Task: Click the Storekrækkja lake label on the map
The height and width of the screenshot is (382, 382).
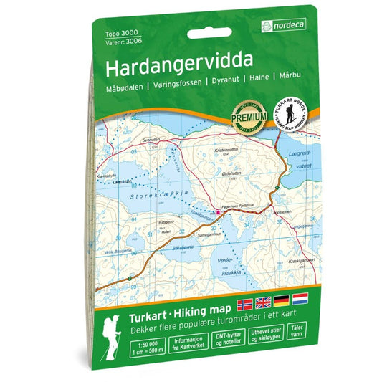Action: click(156, 194)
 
